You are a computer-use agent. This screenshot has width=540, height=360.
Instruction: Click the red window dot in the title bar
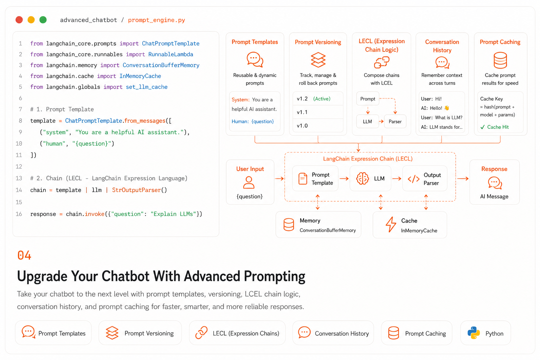pyautogui.click(x=19, y=20)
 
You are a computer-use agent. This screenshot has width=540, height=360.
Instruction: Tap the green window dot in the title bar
pyautogui.click(x=43, y=20)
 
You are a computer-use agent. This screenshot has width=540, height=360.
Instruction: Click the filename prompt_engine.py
pyautogui.click(x=156, y=20)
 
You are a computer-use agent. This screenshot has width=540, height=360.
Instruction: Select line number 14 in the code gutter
pyautogui.click(x=19, y=190)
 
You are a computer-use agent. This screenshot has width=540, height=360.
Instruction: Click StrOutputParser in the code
pyautogui.click(x=136, y=190)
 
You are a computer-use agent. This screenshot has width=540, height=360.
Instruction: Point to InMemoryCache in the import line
pyautogui.click(x=140, y=76)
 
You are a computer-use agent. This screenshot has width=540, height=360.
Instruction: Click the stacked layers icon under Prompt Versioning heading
pyautogui.click(x=318, y=60)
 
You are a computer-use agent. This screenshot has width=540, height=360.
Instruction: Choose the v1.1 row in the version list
pyautogui.click(x=318, y=112)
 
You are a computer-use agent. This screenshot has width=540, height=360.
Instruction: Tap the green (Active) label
pyautogui.click(x=322, y=99)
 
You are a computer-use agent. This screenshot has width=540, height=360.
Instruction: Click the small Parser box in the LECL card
pyautogui.click(x=395, y=122)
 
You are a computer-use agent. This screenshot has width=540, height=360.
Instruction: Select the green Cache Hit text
pyautogui.click(x=498, y=127)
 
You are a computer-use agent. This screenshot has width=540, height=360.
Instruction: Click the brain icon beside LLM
pyautogui.click(x=362, y=179)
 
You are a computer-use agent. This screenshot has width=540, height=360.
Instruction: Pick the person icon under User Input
pyautogui.click(x=249, y=182)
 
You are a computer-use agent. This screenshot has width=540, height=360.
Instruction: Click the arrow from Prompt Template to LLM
pyautogui.click(x=344, y=179)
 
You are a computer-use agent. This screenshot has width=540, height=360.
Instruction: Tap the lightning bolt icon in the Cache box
pyautogui.click(x=391, y=224)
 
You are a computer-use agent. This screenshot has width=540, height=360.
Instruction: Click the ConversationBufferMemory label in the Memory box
pyautogui.click(x=328, y=230)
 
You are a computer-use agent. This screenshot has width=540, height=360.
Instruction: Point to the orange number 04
pyautogui.click(x=24, y=255)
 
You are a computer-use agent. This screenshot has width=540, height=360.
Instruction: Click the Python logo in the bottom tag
pyautogui.click(x=474, y=333)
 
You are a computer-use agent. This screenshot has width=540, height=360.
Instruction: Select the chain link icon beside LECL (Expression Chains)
pyautogui.click(x=201, y=333)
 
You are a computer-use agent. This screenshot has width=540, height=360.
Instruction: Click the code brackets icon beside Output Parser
pyautogui.click(x=413, y=179)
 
